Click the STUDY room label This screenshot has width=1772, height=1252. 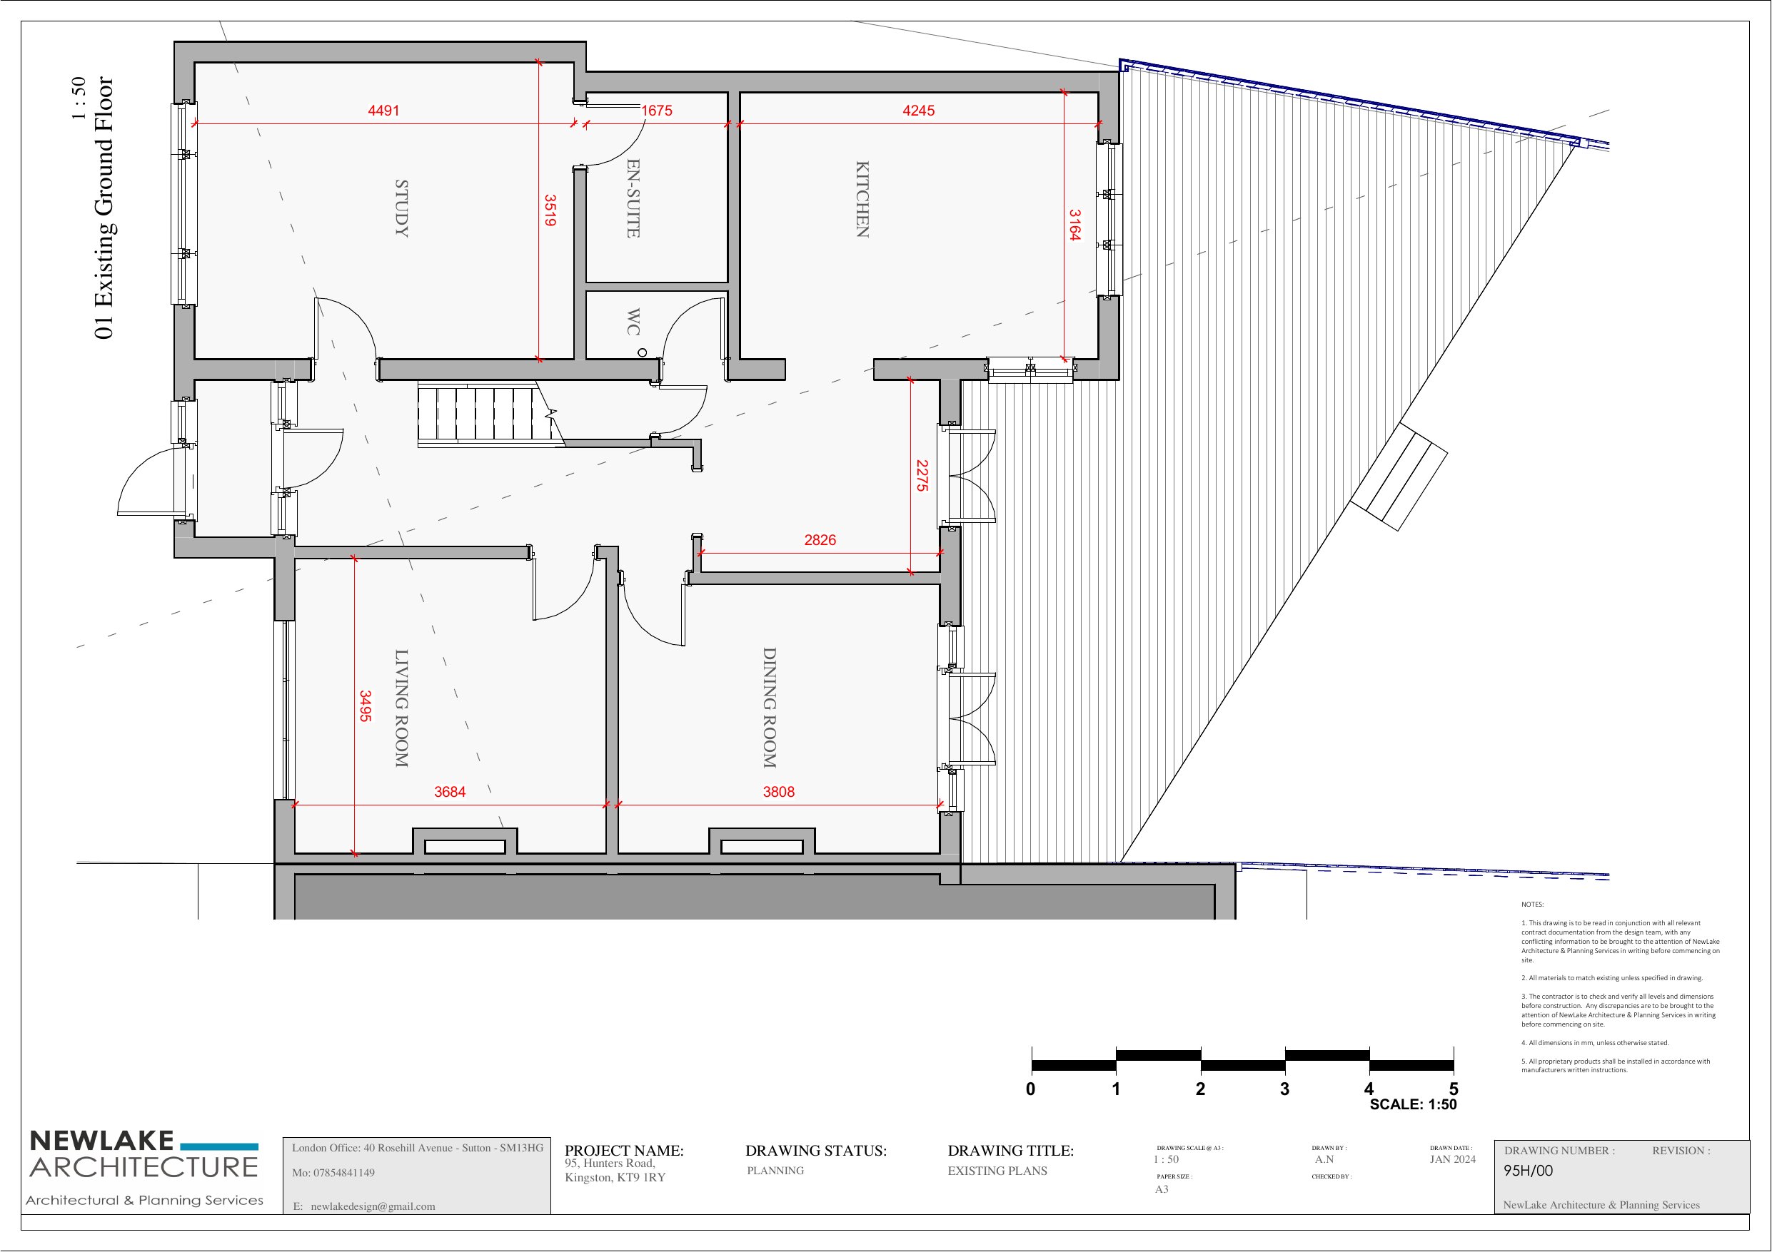pyautogui.click(x=401, y=208)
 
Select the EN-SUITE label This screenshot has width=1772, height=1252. pyautogui.click(x=633, y=198)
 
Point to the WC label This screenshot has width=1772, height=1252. pyautogui.click(x=633, y=322)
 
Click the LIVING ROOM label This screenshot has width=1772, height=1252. pyautogui.click(x=401, y=708)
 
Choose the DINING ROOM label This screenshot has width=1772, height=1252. pyautogui.click(x=770, y=708)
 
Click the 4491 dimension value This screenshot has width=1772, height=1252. pyautogui.click(x=383, y=111)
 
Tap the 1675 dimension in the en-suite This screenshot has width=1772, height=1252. pyautogui.click(x=657, y=111)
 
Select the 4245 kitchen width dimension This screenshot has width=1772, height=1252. pyautogui.click(x=918, y=111)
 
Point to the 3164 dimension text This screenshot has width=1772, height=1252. pyautogui.click(x=1074, y=225)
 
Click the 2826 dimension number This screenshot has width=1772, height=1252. pyautogui.click(x=820, y=540)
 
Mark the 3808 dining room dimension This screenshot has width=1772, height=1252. pyautogui.click(x=779, y=791)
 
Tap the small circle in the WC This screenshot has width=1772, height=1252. pyautogui.click(x=642, y=352)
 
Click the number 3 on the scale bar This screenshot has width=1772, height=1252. pyautogui.click(x=1284, y=1089)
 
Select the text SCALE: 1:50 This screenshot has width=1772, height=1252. pyautogui.click(x=1413, y=1104)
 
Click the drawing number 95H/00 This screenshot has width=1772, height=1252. pyautogui.click(x=1528, y=1170)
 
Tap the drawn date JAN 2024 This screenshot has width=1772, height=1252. pyautogui.click(x=1452, y=1159)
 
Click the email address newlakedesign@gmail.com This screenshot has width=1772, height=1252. pyautogui.click(x=373, y=1206)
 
